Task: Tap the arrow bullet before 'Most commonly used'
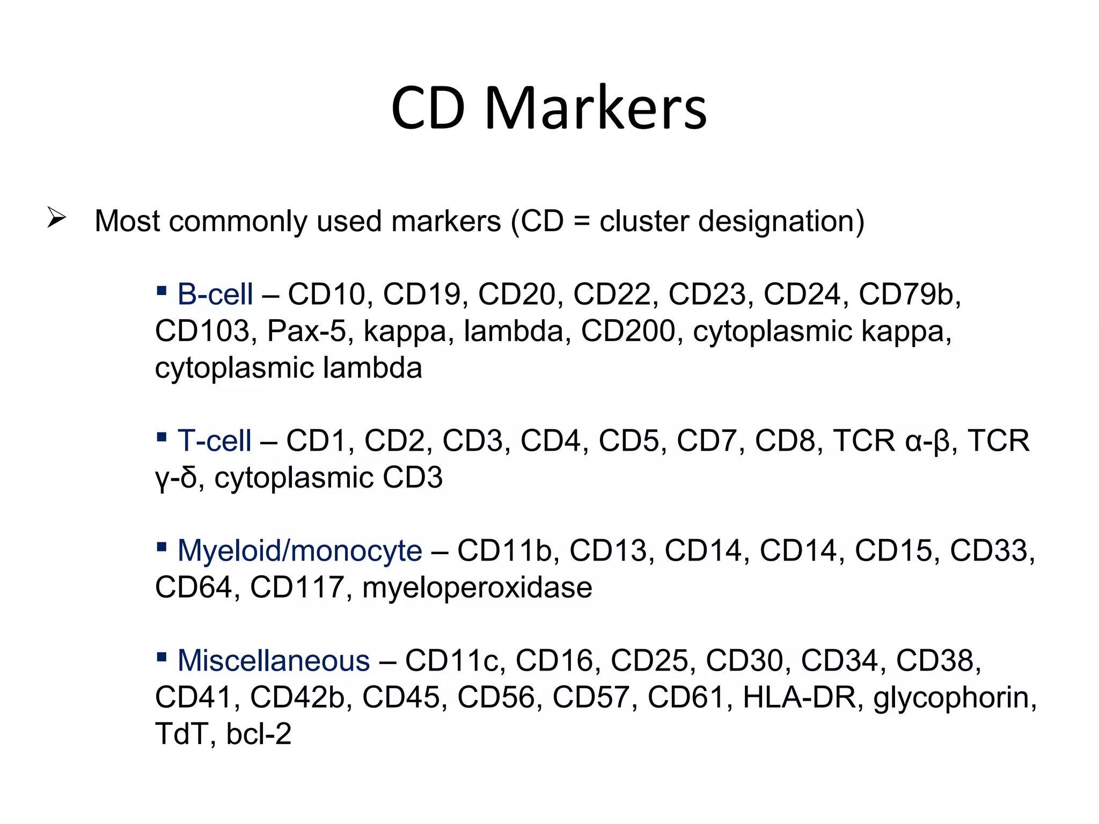pyautogui.click(x=56, y=218)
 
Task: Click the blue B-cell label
pyautogui.click(x=215, y=295)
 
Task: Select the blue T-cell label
pyautogui.click(x=214, y=441)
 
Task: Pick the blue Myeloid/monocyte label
pyautogui.click(x=299, y=551)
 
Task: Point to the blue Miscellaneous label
pyautogui.click(x=273, y=660)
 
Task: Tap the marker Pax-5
pyautogui.click(x=306, y=331)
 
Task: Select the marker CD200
pyautogui.click(x=628, y=331)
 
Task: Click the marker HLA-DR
pyautogui.click(x=799, y=697)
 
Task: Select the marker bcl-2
pyautogui.click(x=258, y=734)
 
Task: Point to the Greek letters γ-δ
pyautogui.click(x=176, y=479)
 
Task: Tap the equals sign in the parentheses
pyautogui.click(x=581, y=222)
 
